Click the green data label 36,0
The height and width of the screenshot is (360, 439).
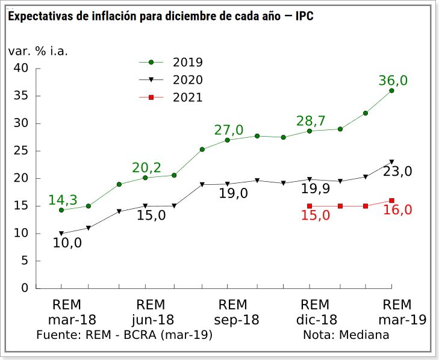(393, 81)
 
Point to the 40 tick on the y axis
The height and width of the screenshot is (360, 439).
(21, 69)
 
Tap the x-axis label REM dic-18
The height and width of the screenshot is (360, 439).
(314, 312)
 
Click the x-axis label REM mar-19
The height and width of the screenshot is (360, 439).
(397, 312)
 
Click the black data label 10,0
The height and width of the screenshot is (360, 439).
(67, 243)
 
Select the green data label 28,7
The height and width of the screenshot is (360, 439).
(311, 121)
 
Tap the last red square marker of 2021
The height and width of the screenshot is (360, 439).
(391, 200)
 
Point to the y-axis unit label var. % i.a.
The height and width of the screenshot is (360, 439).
(38, 51)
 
